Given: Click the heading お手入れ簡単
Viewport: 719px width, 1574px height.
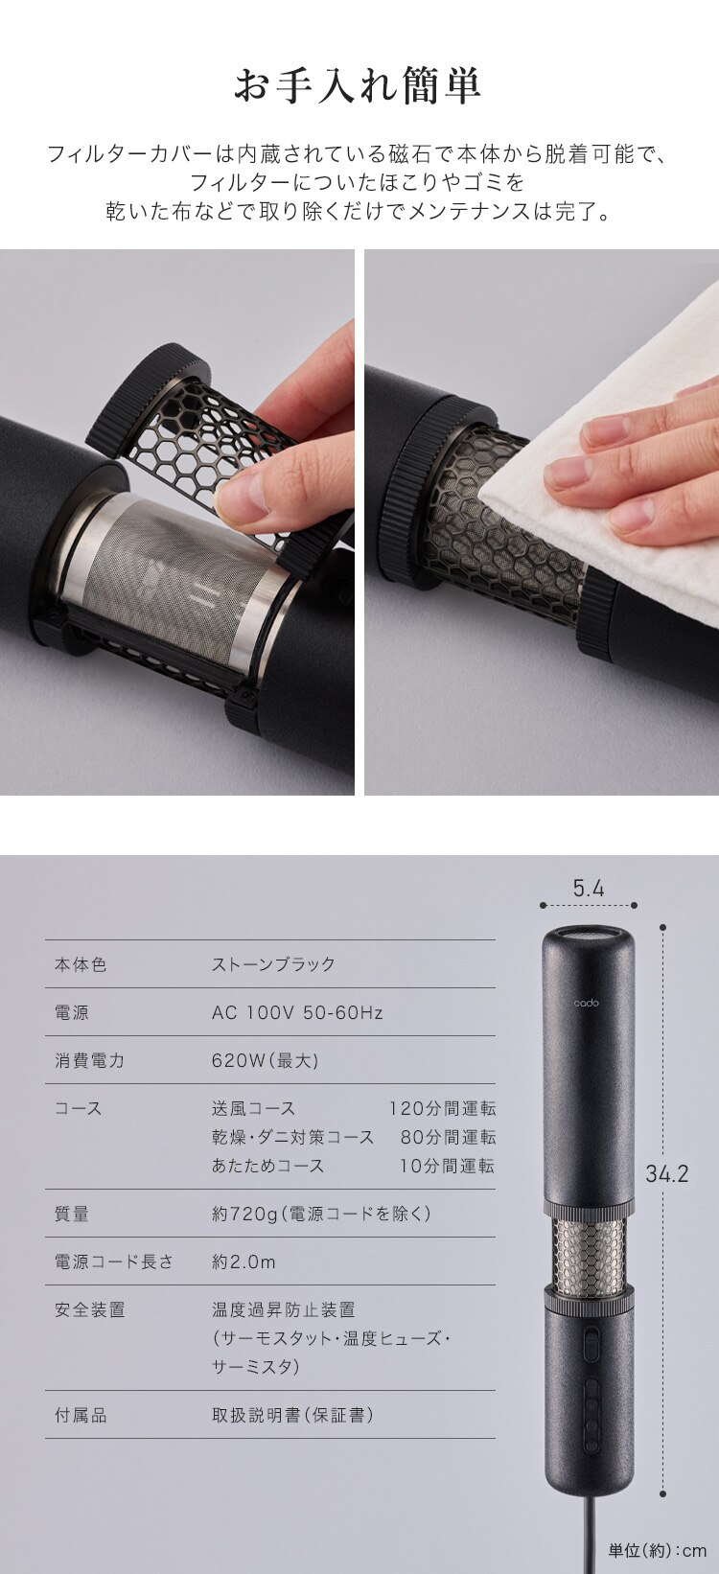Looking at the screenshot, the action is [x=358, y=85].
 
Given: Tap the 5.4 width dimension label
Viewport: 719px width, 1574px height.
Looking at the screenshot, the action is [x=589, y=889].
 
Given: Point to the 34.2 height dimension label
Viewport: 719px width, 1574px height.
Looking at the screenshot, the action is [x=667, y=1173].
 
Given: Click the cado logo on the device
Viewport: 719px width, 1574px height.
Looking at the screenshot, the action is [x=586, y=1003].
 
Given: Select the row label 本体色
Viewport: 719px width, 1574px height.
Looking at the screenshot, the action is [x=81, y=964].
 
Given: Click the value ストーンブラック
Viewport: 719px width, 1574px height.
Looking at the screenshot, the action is [x=273, y=964].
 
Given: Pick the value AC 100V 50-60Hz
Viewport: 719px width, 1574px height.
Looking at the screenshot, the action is [x=297, y=1012].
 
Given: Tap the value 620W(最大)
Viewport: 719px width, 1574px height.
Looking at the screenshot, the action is [x=266, y=1060].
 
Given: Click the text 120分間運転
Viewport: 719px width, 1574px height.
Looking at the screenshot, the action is [x=443, y=1109].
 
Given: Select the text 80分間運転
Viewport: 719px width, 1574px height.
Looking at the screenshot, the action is [x=449, y=1137].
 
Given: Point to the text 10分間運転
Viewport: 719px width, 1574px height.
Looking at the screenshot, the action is [x=448, y=1166].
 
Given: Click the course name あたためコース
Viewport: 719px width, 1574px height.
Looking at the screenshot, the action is [x=267, y=1166].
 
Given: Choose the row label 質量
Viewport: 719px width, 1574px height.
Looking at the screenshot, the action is [x=72, y=1214].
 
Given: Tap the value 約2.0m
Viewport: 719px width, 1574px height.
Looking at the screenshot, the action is [x=244, y=1262].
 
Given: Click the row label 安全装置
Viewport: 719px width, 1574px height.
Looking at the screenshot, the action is [x=89, y=1309].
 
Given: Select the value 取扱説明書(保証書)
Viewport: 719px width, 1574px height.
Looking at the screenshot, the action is [x=292, y=1415].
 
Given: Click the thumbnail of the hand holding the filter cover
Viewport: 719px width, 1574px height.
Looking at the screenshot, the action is [x=177, y=522].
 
